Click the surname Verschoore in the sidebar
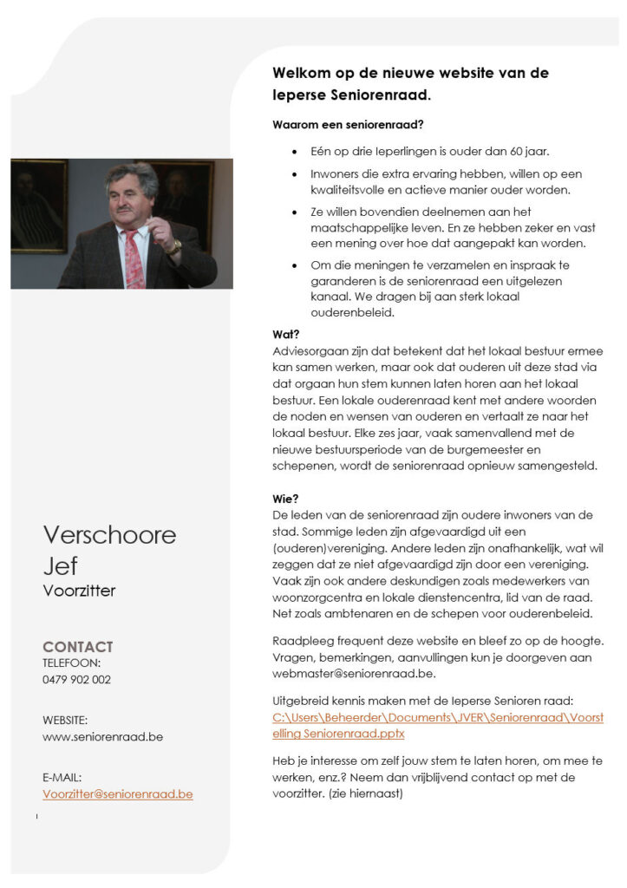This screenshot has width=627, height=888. [x=109, y=534]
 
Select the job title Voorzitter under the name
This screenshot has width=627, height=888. [x=79, y=591]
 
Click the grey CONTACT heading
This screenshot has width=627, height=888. [x=78, y=647]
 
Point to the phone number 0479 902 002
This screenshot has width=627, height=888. [x=76, y=680]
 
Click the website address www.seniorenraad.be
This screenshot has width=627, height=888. [x=102, y=737]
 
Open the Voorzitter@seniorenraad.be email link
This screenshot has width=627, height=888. [x=117, y=793]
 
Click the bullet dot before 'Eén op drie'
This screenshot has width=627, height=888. [x=297, y=151]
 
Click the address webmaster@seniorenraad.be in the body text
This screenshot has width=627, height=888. [x=354, y=674]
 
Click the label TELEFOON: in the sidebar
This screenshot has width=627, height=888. [x=71, y=663]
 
